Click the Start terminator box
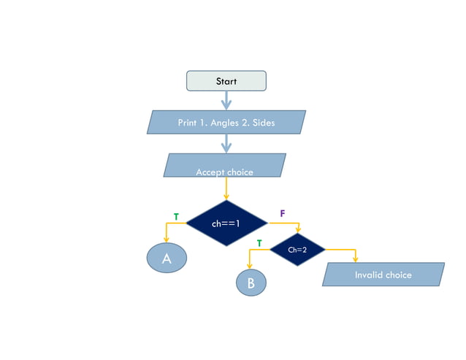click(x=226, y=81)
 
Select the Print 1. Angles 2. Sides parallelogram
click(x=226, y=123)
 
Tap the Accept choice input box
click(x=225, y=166)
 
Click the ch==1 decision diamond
click(x=226, y=223)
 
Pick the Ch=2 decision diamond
click(x=297, y=250)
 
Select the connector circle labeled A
click(x=167, y=258)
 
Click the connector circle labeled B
click(x=251, y=283)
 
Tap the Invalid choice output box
click(x=383, y=275)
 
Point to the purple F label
click(x=283, y=213)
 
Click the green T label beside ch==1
click(x=175, y=216)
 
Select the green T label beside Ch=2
click(x=259, y=242)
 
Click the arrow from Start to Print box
click(x=226, y=100)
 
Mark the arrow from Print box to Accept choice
click(x=226, y=144)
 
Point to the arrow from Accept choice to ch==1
click(x=226, y=189)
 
